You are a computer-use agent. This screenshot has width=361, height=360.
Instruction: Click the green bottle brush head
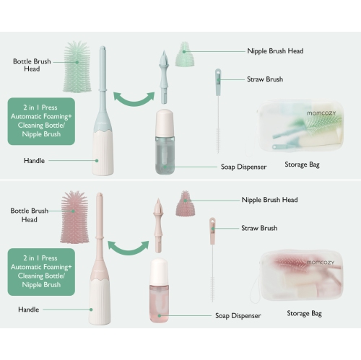pyautogui.click(x=77, y=67)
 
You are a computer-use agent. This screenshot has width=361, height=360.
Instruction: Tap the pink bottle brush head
pyautogui.click(x=74, y=217)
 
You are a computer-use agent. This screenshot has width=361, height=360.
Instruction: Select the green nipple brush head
pyautogui.click(x=185, y=54)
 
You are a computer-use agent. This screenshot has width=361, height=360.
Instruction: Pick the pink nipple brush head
pyautogui.click(x=185, y=203)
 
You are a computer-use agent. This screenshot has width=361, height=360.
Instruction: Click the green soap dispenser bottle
pyautogui.click(x=165, y=141)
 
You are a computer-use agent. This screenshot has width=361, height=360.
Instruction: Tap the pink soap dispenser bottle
pyautogui.click(x=159, y=291)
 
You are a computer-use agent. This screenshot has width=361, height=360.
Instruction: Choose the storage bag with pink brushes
pyautogui.click(x=301, y=276)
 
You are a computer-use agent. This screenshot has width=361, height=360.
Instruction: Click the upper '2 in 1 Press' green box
pyautogui.click(x=41, y=121)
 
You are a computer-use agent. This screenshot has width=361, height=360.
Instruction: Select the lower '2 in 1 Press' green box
pyautogui.click(x=41, y=272)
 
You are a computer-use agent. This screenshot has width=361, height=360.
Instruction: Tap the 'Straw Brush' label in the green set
pyautogui.click(x=265, y=79)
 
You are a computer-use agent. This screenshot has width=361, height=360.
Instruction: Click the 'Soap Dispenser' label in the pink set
pyautogui.click(x=238, y=316)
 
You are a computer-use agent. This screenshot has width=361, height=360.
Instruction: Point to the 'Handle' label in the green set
pyautogui.click(x=34, y=161)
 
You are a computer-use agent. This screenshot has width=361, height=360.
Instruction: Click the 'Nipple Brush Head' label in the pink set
pyautogui.click(x=269, y=200)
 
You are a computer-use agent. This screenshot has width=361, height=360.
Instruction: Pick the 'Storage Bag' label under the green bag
pyautogui.click(x=302, y=164)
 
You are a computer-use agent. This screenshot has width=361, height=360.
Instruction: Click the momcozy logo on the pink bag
pyautogui.click(x=321, y=263)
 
